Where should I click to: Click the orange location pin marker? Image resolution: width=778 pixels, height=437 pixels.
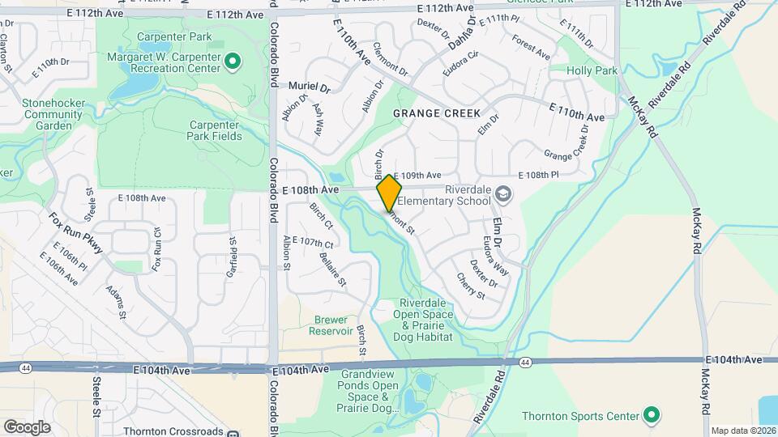point(390,193)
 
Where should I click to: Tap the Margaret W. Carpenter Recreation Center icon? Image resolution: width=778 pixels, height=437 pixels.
point(232,61)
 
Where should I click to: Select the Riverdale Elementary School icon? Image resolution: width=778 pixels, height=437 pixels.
point(503,193)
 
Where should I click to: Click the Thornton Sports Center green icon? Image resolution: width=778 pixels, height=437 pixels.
point(651,417)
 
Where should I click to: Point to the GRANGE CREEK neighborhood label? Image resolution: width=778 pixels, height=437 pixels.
point(437,114)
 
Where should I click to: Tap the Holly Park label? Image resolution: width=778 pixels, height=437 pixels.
point(592,71)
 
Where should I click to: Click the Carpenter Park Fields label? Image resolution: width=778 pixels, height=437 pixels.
point(214,130)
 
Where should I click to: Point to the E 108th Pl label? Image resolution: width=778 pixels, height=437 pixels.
point(538,176)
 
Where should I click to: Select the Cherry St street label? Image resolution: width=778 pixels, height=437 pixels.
point(471,286)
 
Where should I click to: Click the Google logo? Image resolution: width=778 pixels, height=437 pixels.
point(27,426)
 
